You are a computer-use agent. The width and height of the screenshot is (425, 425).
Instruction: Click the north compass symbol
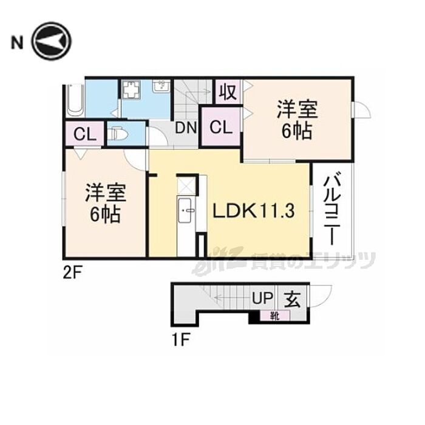[51, 41]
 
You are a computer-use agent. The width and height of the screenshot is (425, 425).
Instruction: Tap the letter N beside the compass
[17, 43]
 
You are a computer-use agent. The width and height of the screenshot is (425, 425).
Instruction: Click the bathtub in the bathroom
[75, 100]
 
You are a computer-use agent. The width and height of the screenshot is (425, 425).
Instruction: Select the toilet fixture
[117, 134]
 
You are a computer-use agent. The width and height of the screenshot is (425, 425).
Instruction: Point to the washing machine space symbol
[131, 89]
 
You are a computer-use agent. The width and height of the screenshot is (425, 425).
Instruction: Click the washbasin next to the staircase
[161, 86]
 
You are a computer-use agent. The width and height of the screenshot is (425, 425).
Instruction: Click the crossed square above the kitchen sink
[186, 185]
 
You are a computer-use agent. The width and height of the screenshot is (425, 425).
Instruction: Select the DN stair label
[186, 127]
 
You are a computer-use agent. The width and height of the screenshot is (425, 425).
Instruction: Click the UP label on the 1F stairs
[262, 298]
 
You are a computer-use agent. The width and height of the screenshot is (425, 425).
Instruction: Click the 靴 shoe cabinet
[275, 316]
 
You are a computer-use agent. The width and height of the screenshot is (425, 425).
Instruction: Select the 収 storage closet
[228, 92]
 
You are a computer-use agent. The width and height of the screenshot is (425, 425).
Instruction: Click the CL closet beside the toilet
[85, 134]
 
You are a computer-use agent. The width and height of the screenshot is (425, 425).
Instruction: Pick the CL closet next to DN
[221, 127]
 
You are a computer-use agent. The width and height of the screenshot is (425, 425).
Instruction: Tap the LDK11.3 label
[253, 211]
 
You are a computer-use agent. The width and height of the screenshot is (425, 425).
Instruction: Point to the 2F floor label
[72, 273]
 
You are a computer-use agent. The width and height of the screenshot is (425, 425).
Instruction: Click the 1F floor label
[181, 340]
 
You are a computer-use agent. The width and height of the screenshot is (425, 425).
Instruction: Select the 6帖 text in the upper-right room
[297, 132]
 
